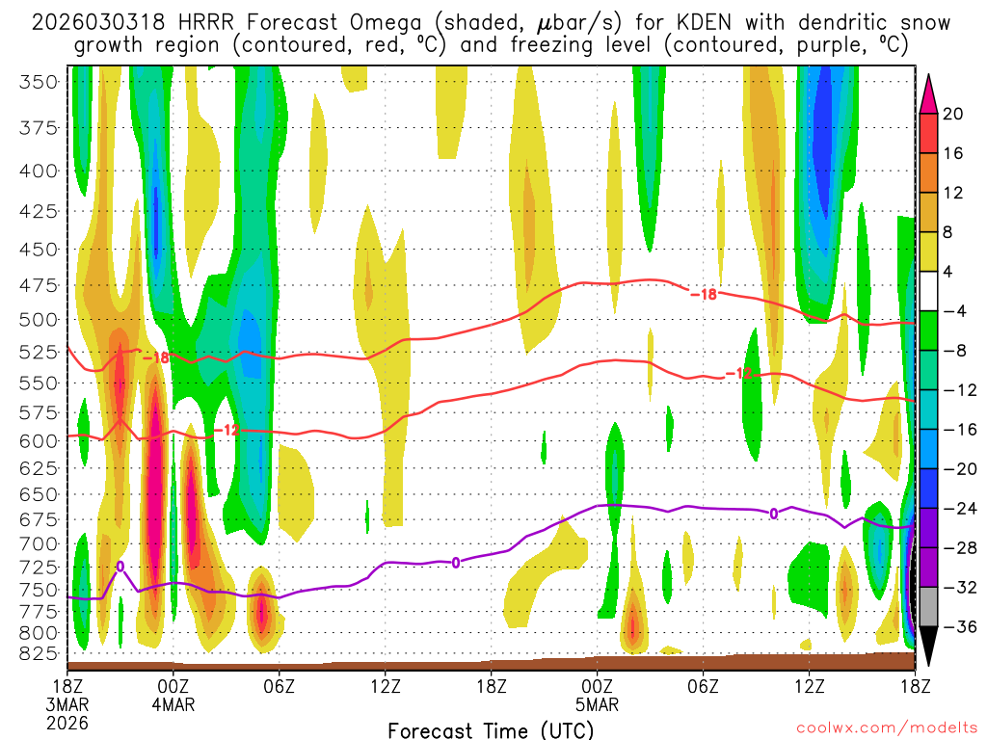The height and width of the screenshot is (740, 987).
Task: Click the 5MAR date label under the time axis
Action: pyautogui.click(x=598, y=704)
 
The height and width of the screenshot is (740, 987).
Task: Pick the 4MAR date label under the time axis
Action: pyautogui.click(x=173, y=704)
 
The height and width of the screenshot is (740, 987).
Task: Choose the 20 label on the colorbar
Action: pyautogui.click(x=953, y=114)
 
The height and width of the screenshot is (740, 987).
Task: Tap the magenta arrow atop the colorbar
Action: pyautogui.click(x=928, y=92)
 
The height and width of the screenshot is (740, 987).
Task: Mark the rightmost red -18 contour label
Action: pyautogui.click(x=704, y=294)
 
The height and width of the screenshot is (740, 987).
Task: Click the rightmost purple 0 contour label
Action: pyautogui.click(x=773, y=514)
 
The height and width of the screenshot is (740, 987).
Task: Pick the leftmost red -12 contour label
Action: pyautogui.click(x=227, y=430)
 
